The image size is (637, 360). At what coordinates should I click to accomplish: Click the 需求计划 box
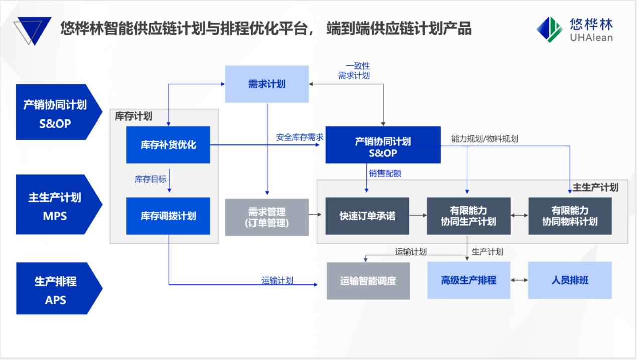pos(267,84)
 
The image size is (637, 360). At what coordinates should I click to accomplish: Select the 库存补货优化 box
pos(168,145)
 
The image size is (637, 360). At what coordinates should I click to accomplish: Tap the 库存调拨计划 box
pos(168,216)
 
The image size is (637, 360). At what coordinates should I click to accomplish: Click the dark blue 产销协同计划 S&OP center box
pos(383,145)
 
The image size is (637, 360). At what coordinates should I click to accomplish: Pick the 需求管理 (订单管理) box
pos(267,217)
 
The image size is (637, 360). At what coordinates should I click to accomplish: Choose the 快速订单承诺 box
pos(367,216)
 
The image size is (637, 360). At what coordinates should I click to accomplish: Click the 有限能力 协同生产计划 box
pos(468,216)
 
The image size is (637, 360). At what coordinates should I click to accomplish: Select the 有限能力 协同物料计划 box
pos(570,216)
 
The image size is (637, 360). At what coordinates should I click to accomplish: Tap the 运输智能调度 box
pos(368,281)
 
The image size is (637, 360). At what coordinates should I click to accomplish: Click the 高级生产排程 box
pos(468,280)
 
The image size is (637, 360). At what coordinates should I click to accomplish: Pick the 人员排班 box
pos(570,280)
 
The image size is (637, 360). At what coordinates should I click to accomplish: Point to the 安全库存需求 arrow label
pos(299,137)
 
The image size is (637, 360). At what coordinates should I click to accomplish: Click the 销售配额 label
pos(385,174)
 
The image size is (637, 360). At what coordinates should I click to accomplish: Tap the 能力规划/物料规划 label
pos(484,139)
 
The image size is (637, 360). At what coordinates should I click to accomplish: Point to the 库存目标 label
pos(150,179)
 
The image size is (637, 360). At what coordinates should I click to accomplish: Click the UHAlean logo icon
pos(549,29)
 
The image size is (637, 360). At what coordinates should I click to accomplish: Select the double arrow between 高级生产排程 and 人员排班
pos(519,280)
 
